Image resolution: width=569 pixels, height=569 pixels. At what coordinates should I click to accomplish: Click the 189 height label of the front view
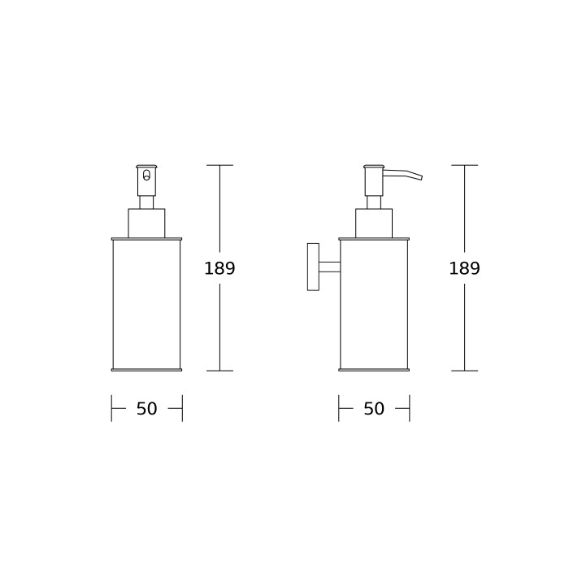coord(219,268)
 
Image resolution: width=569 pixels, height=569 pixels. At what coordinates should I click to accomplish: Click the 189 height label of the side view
coord(464,268)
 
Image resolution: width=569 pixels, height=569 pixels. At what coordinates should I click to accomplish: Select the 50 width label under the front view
coord(146,409)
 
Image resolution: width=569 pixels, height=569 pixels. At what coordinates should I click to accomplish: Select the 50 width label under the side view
coord(374,409)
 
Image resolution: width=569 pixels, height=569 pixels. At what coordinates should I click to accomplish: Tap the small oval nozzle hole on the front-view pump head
coord(146,175)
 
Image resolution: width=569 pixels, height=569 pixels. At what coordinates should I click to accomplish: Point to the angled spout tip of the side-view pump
coord(421,177)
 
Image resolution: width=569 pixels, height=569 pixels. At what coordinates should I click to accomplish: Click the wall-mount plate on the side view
coord(313,267)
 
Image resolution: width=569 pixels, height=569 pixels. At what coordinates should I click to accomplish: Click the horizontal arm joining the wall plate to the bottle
coord(329,267)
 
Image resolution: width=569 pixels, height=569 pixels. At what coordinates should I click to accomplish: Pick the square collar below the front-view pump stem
coord(146,224)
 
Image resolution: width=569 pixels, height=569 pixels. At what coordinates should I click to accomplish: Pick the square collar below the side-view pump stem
coord(374,224)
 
